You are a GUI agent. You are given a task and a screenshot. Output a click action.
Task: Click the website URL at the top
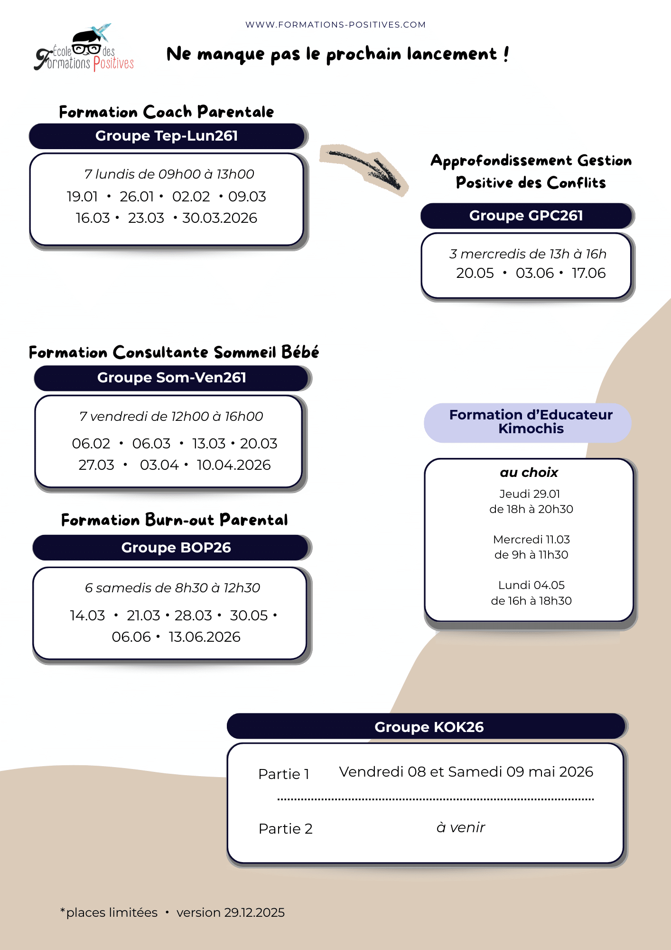335,25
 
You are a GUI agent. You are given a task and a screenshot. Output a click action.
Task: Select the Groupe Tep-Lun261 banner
167,136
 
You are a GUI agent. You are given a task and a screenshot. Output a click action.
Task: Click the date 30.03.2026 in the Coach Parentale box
220,218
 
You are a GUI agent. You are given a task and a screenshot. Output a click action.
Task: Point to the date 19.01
82,197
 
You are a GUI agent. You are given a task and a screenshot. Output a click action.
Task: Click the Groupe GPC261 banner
526,216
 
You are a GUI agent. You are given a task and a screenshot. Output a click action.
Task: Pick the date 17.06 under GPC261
588,273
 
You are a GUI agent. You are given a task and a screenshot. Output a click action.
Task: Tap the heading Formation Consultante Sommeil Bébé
174,352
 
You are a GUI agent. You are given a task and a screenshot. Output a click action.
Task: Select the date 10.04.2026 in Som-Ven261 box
233,465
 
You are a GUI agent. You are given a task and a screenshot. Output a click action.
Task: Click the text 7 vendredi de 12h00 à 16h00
171,417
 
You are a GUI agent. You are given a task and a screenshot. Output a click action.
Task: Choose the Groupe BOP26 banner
176,548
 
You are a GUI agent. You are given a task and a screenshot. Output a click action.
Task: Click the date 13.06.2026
204,637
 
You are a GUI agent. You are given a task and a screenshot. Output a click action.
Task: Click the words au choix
529,473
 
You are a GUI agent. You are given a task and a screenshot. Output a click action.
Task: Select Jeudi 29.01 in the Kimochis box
530,494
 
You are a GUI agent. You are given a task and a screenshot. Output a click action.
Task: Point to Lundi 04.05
531,585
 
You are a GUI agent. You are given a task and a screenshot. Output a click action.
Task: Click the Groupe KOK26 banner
429,727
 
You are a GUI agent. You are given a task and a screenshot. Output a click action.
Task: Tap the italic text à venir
460,827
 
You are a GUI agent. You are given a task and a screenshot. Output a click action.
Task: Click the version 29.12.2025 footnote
231,912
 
